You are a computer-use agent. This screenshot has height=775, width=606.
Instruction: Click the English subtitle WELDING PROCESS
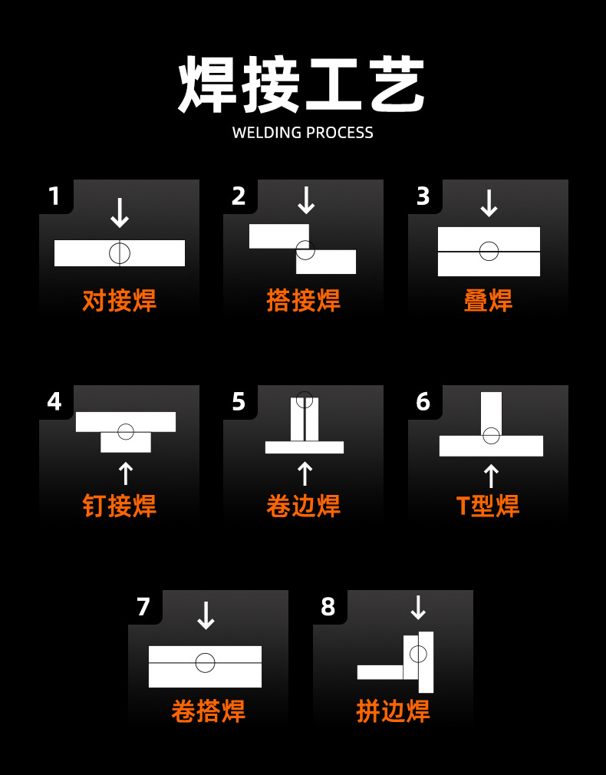(302, 133)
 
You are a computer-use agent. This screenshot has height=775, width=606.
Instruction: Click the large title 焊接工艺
(302, 85)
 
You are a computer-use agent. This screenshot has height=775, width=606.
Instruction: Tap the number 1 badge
(54, 196)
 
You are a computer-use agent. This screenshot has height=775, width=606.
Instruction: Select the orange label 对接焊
(119, 300)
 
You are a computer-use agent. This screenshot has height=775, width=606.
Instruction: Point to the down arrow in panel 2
(306, 200)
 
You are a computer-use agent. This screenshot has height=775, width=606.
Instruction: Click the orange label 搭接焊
(303, 300)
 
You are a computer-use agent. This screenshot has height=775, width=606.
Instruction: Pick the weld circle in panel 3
(489, 251)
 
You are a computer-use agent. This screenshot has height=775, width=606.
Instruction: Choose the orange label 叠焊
(488, 300)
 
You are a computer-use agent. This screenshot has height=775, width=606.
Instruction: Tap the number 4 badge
(54, 401)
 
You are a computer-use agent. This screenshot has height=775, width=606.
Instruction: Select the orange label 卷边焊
(303, 506)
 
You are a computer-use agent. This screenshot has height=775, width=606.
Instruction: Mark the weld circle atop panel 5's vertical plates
(305, 400)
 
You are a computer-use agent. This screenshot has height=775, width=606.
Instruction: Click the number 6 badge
(423, 401)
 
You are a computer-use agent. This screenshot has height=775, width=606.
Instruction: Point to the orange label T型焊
(488, 506)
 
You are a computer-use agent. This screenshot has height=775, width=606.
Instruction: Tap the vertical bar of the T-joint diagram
(491, 411)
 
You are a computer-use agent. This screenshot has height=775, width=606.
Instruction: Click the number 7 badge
(143, 607)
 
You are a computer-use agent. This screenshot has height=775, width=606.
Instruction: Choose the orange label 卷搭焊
(208, 711)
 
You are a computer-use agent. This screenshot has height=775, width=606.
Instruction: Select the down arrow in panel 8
(418, 608)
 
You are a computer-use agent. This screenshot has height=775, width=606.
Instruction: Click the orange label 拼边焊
(393, 711)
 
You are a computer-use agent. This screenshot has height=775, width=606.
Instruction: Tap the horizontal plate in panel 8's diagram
(380, 672)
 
